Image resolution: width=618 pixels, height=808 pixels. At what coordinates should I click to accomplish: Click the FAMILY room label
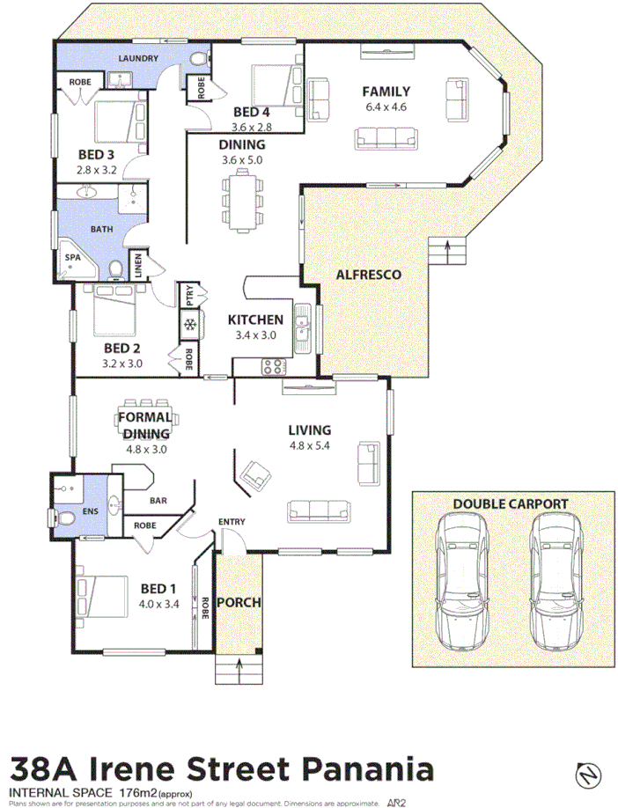(x=387, y=91)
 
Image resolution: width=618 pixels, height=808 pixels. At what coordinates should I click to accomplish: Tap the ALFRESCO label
(x=368, y=275)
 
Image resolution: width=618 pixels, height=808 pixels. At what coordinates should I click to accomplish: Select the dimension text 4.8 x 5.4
(x=310, y=446)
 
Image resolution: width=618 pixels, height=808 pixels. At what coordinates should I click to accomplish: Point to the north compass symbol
(x=587, y=774)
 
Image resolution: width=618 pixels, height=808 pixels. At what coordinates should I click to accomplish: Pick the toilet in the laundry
(x=197, y=61)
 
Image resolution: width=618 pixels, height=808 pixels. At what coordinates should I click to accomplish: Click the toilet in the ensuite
(x=64, y=517)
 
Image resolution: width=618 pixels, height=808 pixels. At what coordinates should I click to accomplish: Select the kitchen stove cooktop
(x=274, y=366)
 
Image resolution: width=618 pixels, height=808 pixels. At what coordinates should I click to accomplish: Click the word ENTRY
(x=232, y=522)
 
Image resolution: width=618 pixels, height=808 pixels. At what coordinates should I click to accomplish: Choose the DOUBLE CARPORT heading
(x=510, y=504)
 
